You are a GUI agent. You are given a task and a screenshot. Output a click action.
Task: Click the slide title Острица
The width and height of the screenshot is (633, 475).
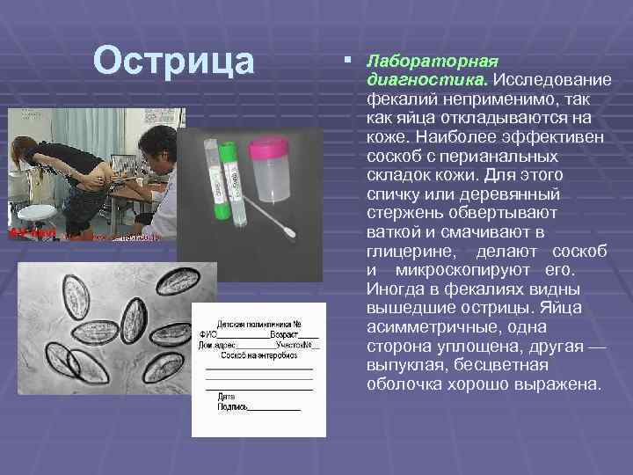tap(174, 61)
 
